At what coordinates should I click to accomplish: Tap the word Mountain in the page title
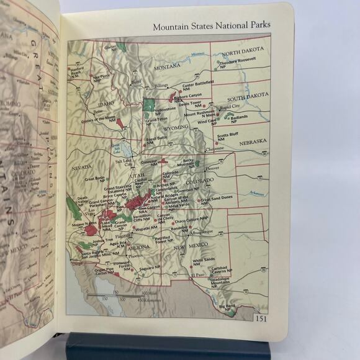pyautogui.click(x=172, y=27)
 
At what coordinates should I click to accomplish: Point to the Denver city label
pyautogui.click(x=212, y=168)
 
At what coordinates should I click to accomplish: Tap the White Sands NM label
pyautogui.click(x=203, y=260)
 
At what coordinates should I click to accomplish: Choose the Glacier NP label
pyautogui.click(x=112, y=47)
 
